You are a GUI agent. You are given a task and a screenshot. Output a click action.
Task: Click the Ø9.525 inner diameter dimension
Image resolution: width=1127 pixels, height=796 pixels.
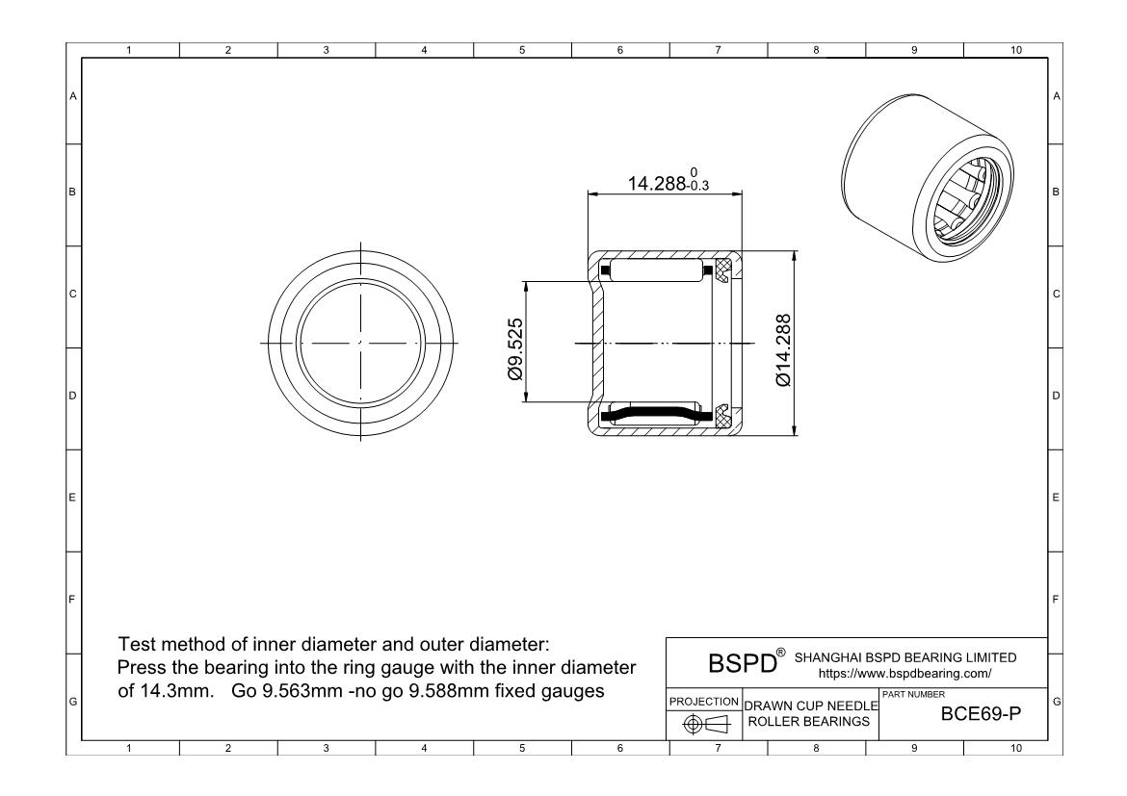(x=515, y=349)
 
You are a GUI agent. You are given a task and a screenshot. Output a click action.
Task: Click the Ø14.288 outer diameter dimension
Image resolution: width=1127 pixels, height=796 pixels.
(x=783, y=349)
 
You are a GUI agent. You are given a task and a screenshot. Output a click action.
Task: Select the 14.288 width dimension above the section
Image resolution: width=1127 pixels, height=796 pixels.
(x=657, y=183)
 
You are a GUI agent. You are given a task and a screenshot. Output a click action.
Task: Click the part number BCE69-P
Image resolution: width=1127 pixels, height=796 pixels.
(x=981, y=714)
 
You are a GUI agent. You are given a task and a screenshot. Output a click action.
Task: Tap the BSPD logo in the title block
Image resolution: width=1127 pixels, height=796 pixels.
(x=743, y=662)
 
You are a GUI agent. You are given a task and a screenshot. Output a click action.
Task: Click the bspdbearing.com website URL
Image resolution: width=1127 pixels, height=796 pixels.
(x=904, y=674)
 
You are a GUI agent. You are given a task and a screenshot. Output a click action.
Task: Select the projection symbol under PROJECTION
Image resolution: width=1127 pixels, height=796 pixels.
(x=706, y=725)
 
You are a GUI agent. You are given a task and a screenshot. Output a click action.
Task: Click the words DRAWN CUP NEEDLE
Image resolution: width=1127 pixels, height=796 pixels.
(x=811, y=706)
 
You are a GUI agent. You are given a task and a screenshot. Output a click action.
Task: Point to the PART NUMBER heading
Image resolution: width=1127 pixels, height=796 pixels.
(x=913, y=695)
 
